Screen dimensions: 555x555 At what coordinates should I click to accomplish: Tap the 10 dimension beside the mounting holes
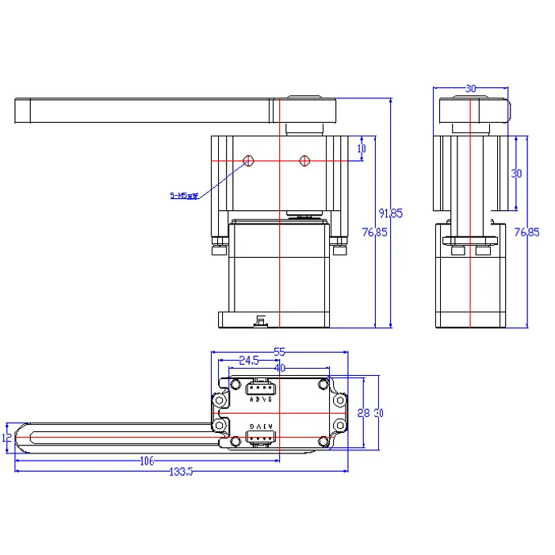(x=362, y=148)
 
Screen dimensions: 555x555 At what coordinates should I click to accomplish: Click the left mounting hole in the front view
(x=249, y=161)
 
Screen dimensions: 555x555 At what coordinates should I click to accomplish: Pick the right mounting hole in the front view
(x=304, y=161)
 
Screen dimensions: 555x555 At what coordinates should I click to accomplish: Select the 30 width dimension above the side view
(x=471, y=89)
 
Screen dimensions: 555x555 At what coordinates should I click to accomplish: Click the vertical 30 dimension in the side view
(x=516, y=173)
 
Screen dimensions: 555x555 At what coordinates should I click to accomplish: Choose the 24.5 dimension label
(x=248, y=360)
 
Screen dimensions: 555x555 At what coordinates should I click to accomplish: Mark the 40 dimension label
(x=279, y=368)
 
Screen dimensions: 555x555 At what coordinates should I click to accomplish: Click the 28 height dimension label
(x=363, y=412)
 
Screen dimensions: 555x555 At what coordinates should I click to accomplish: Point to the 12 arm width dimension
(x=7, y=437)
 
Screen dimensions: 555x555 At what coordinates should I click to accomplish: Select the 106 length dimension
(x=146, y=461)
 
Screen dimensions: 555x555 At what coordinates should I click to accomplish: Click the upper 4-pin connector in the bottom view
(x=260, y=388)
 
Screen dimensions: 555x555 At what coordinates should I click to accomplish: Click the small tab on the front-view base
(x=259, y=321)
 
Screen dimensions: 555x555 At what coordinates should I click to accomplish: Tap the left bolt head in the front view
(x=216, y=250)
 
